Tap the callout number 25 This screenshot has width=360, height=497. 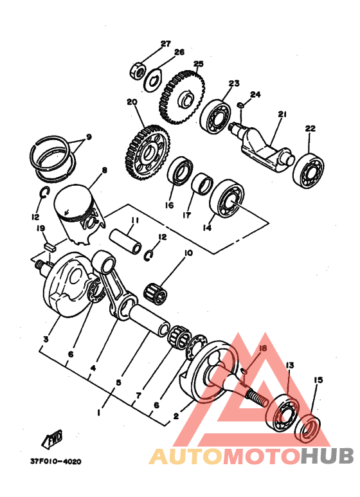point(198,64)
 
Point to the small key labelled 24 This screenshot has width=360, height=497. point(240,105)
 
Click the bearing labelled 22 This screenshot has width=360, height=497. point(309,171)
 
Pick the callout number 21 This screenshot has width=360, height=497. point(282,113)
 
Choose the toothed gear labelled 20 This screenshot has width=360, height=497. point(147,152)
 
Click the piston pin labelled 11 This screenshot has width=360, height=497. point(125,242)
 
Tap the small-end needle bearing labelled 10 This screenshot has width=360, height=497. point(156,291)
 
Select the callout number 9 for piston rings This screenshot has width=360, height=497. point(89,137)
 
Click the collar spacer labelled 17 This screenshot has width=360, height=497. point(203,184)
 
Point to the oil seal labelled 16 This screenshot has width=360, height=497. point(180,171)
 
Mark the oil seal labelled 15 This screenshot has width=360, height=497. point(307,428)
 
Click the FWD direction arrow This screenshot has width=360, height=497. point(51,439)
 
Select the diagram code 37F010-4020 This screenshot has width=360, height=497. point(56,462)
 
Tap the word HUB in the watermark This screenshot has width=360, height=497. point(327,456)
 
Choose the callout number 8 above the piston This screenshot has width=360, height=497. point(104,170)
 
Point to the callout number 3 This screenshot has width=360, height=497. point(46,339)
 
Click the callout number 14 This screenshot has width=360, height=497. point(207,227)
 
